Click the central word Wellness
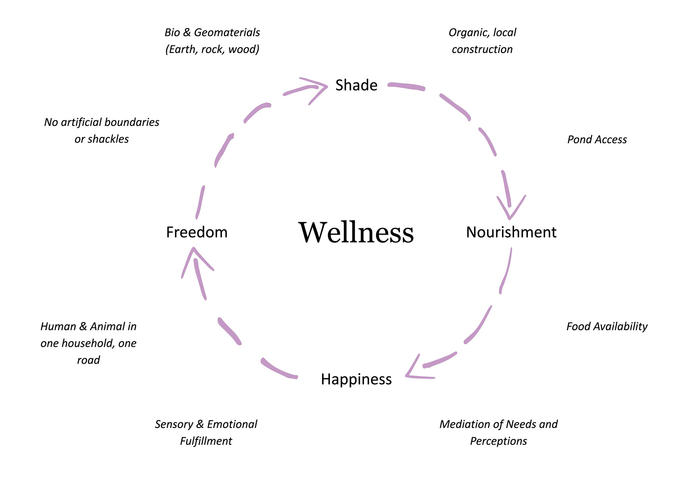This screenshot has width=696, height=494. (356, 232)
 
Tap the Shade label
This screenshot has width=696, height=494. (356, 85)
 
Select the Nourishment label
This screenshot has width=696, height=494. (511, 232)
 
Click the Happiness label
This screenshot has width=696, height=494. (356, 379)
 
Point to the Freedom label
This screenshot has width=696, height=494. (197, 232)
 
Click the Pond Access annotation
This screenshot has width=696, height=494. (597, 140)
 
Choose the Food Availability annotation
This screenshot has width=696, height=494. (607, 326)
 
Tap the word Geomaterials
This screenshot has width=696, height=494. (227, 33)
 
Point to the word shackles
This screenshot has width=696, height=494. (108, 139)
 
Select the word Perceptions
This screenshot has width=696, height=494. (498, 441)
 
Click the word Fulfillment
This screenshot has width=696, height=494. (206, 441)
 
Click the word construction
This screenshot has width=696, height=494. (482, 49)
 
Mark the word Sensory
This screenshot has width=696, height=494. (174, 424)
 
